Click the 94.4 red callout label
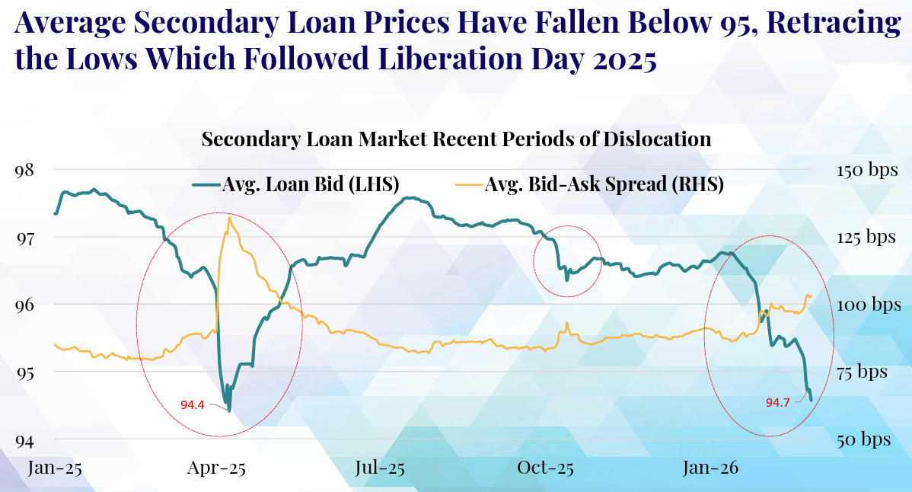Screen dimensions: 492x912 192,404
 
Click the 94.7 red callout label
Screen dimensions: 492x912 777,402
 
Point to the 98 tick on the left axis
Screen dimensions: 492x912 24,169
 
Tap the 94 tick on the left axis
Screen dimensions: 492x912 24,440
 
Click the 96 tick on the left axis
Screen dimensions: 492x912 24,305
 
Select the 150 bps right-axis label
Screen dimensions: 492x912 867,169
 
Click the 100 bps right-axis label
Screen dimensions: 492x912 867,305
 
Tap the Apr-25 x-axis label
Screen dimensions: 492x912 217,467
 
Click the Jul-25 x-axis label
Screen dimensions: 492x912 380,467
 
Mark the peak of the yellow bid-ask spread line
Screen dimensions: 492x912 229,218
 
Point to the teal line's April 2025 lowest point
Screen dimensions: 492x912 229,411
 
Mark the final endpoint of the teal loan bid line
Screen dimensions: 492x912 812,401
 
